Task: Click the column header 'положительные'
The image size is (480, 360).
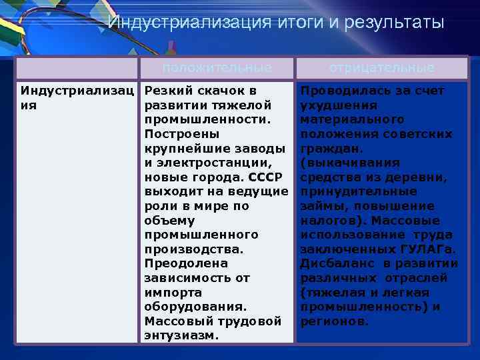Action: [217, 68]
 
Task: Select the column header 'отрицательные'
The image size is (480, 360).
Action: [382, 68]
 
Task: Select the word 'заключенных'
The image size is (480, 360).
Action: [342, 249]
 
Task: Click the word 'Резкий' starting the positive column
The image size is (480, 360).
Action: [165, 91]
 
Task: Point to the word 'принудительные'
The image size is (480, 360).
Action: [348, 192]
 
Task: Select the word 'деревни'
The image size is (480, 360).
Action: [425, 177]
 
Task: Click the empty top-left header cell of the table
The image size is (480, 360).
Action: [77, 68]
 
